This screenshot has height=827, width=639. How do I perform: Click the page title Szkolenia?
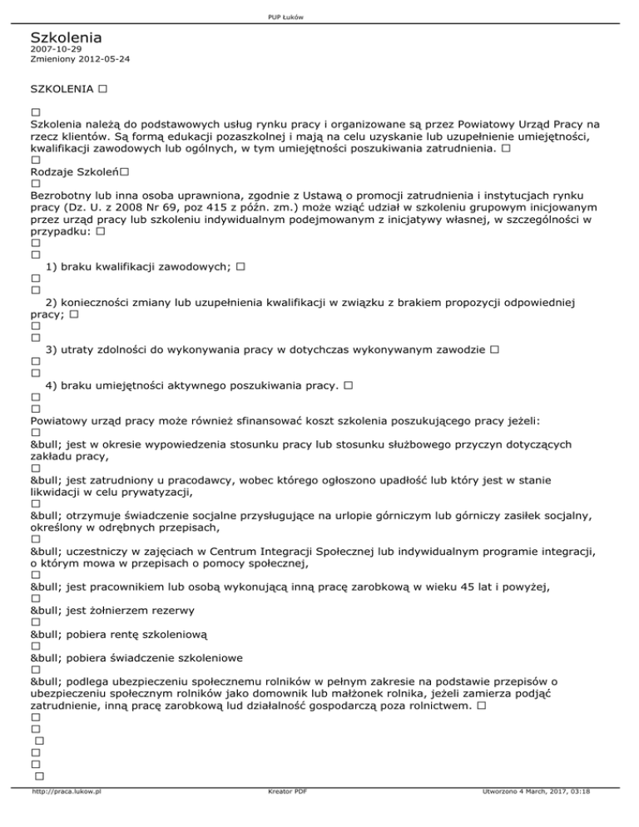coord(66,38)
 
